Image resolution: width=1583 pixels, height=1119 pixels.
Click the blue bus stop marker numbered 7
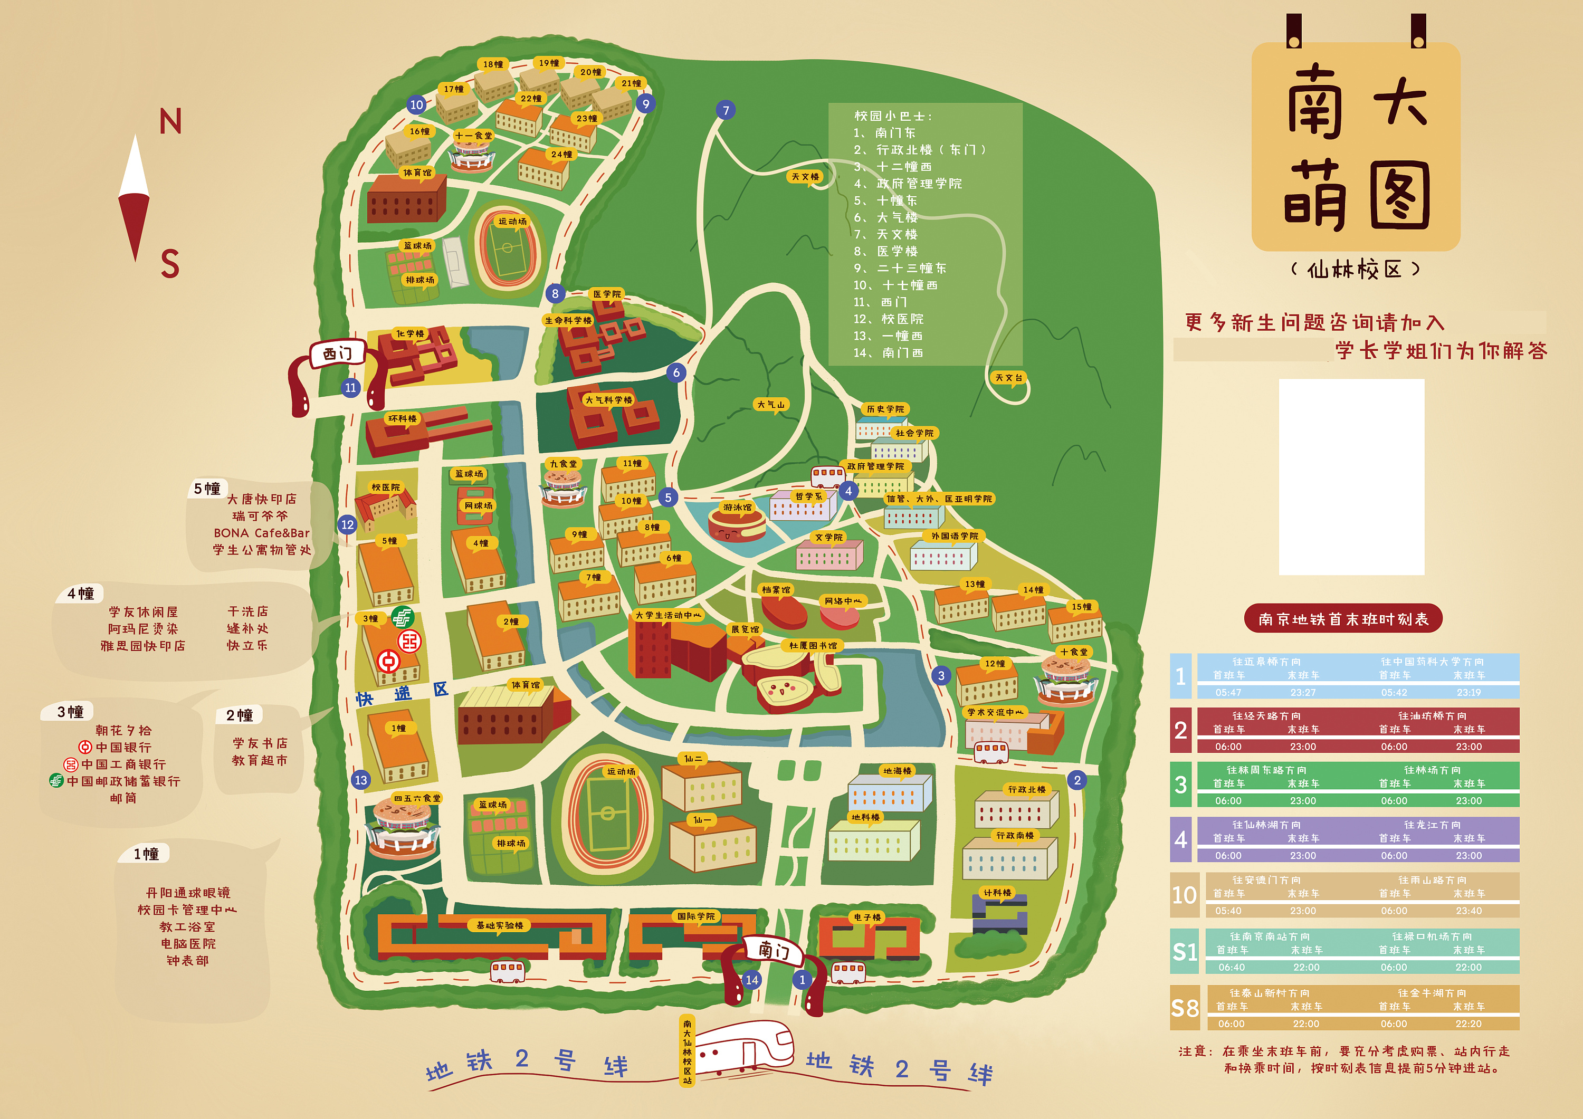(726, 110)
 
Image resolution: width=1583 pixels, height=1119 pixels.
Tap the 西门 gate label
(337, 353)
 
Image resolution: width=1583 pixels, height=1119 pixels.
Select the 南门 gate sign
(774, 951)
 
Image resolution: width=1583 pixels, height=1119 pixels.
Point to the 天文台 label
(1009, 378)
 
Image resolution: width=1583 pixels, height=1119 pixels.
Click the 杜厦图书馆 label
(813, 645)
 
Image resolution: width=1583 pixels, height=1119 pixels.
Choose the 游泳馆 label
(737, 508)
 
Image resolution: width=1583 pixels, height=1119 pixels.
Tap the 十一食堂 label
(474, 136)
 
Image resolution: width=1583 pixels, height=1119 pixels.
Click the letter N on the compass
(170, 122)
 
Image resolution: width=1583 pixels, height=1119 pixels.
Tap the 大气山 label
(771, 405)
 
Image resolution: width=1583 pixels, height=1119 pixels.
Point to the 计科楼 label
(997, 892)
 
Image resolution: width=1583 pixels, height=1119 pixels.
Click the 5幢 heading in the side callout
(207, 488)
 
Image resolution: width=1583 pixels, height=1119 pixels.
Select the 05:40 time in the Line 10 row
(1228, 911)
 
